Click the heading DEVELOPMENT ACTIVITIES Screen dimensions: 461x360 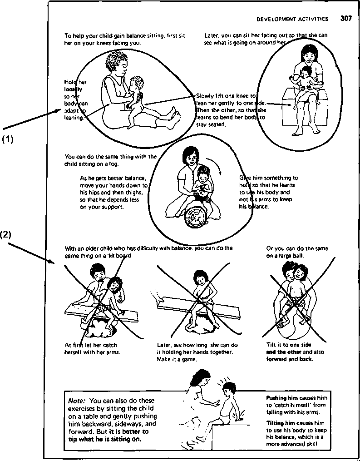(x=292, y=19)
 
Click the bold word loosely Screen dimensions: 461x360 (x=73, y=89)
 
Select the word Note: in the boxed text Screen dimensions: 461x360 (x=77, y=401)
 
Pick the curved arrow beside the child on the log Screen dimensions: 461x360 (x=218, y=169)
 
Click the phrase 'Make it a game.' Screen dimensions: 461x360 (x=177, y=359)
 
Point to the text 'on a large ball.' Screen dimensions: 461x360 (x=285, y=256)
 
